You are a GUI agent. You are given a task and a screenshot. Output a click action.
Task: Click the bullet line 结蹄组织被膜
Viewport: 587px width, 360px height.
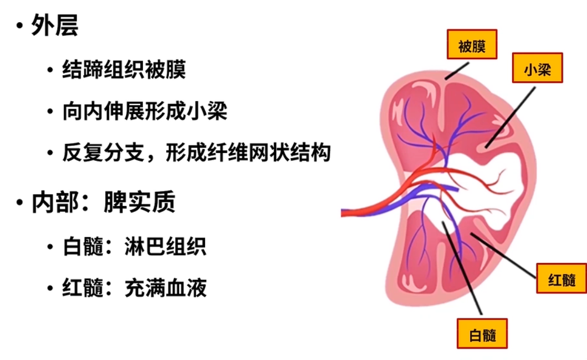pyautogui.click(x=124, y=70)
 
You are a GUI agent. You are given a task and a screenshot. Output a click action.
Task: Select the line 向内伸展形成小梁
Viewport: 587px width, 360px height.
pyautogui.click(x=145, y=111)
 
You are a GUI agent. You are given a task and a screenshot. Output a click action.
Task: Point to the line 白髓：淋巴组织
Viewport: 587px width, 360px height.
pyautogui.click(x=134, y=246)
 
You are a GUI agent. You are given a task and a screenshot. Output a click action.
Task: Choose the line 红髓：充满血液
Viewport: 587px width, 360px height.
pyautogui.click(x=134, y=288)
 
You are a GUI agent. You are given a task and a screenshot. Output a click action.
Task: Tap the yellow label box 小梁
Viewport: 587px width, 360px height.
pyautogui.click(x=537, y=67)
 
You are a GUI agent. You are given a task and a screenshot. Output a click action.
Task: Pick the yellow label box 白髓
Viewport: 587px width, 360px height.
pyautogui.click(x=482, y=333)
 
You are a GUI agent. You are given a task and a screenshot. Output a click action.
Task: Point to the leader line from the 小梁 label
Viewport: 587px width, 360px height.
pyautogui.click(x=511, y=116)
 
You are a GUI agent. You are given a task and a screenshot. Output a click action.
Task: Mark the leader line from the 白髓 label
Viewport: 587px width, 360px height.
pyautogui.click(x=461, y=269)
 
